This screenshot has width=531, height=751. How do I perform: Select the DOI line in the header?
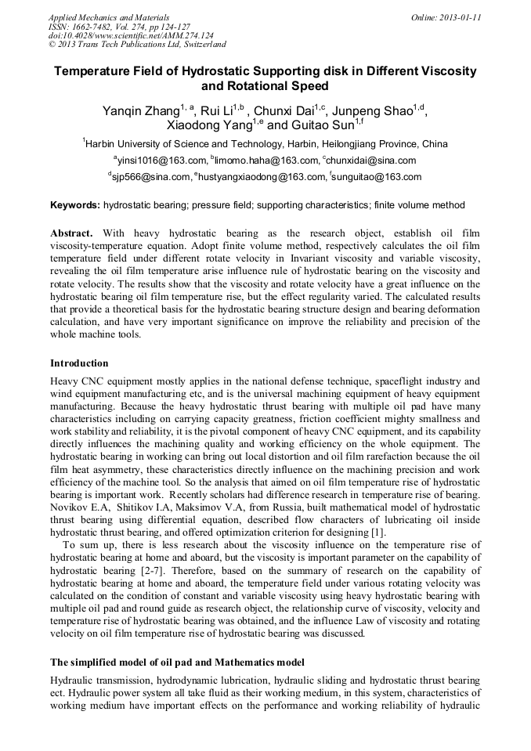click(x=130, y=35)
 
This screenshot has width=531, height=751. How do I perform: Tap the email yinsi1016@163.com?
click(x=162, y=161)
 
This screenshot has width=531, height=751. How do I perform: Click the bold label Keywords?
click(x=74, y=206)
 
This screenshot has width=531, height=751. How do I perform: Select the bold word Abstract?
click(x=71, y=234)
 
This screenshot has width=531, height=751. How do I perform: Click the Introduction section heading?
click(x=79, y=363)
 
